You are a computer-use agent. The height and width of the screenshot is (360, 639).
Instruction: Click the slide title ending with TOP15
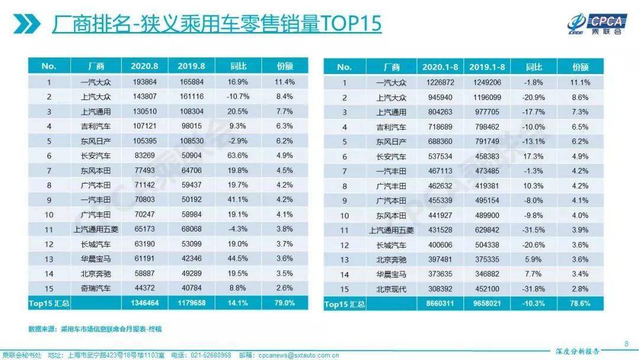tap(217, 24)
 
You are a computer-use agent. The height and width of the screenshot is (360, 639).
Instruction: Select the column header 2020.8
tap(145, 66)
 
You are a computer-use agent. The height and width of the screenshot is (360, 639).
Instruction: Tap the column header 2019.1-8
tap(486, 67)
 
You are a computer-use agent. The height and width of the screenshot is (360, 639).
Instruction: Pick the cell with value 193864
tap(145, 81)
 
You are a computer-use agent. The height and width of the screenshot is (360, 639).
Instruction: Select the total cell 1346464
tap(145, 303)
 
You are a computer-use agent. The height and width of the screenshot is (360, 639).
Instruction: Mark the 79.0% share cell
tap(284, 303)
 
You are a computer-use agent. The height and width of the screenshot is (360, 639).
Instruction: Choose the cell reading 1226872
tap(440, 82)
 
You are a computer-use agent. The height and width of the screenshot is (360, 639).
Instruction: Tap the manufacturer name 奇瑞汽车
tap(95, 288)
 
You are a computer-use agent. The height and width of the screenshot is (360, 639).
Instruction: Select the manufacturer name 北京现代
tap(391, 288)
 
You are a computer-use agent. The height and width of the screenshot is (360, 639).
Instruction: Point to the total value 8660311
tap(440, 304)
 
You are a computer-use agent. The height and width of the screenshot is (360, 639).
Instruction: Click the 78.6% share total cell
tap(580, 304)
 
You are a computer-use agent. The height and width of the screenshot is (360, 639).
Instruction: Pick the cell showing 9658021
tap(486, 304)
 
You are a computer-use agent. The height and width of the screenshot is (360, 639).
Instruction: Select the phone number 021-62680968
tap(210, 355)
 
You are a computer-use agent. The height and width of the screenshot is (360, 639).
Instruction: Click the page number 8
tap(627, 343)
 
